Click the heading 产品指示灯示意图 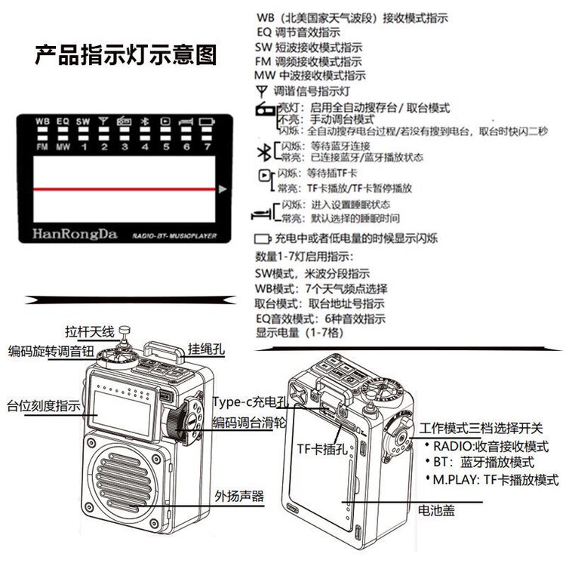point(126,55)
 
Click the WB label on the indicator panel point(43,121)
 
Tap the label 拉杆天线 point(88,331)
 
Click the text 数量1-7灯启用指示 point(306,257)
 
